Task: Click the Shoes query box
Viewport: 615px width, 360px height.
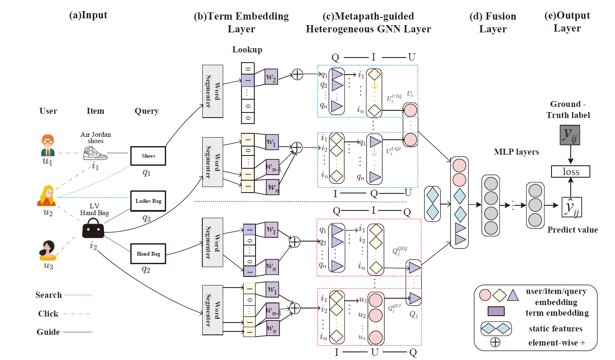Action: (148, 156)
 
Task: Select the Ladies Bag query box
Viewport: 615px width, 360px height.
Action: (148, 201)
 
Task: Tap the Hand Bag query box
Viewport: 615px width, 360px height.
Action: (148, 254)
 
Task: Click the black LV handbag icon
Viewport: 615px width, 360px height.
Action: (93, 229)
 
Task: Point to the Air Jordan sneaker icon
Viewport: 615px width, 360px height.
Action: (95, 153)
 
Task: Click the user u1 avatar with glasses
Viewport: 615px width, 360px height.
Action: (48, 145)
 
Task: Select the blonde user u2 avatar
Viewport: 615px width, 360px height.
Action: (47, 196)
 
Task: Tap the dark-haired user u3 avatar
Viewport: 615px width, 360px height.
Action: (48, 250)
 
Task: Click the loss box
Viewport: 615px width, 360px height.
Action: (570, 172)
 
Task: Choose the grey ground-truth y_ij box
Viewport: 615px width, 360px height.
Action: (570, 135)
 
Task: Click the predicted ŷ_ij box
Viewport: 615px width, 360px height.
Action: (571, 207)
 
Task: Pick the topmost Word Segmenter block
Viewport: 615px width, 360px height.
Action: (213, 91)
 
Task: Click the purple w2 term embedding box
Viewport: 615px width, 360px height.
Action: (271, 77)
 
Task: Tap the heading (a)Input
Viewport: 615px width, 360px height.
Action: (88, 15)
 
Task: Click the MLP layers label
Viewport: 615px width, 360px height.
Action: (516, 152)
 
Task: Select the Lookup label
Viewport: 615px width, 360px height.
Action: (247, 50)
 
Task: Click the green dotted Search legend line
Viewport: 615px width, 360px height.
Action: (78, 295)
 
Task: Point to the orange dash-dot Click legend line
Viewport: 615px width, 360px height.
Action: (78, 314)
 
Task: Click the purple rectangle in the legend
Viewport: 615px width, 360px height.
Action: (496, 311)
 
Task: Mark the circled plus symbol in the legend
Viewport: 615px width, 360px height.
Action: (495, 342)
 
